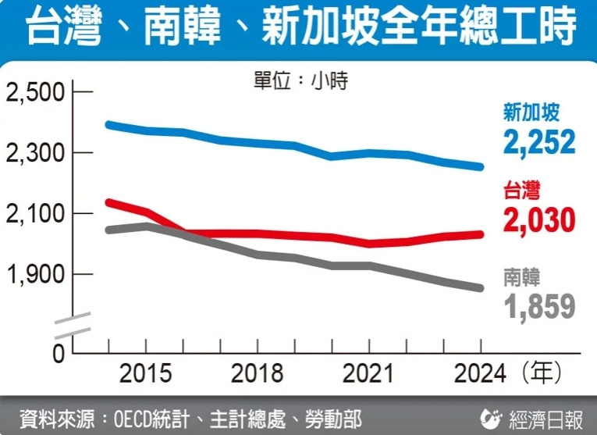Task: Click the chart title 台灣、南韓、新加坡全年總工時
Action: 298,29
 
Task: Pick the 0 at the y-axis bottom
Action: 58,353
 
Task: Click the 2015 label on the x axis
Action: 146,373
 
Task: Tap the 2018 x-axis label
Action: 257,373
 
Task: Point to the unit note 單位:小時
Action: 300,80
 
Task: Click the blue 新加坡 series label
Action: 531,113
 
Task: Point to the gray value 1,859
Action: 538,306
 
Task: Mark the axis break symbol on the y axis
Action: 72,323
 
